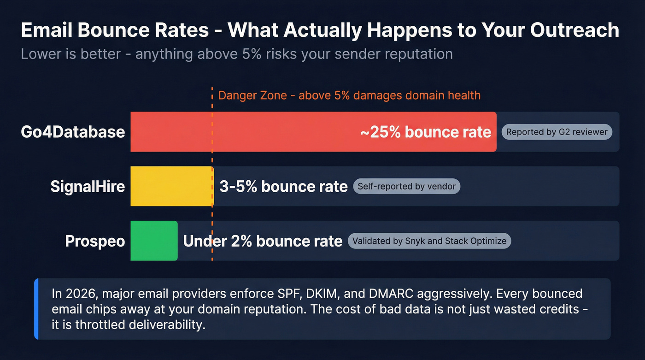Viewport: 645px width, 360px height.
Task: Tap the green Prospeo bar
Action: pos(154,241)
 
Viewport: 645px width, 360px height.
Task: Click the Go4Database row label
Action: pos(73,132)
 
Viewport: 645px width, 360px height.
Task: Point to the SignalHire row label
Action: pos(88,187)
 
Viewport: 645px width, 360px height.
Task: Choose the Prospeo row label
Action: pos(95,241)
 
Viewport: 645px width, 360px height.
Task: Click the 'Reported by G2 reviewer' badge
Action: pos(557,132)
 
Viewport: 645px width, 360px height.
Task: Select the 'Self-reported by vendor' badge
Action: pos(406,187)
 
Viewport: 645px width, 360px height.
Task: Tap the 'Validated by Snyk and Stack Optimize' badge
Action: pos(429,241)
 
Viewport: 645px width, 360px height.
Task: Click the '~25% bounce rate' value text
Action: pos(425,132)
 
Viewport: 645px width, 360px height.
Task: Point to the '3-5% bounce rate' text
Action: pos(283,187)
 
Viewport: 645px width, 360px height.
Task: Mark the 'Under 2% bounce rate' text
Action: pos(263,241)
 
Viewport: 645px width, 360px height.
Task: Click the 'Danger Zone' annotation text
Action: pos(349,95)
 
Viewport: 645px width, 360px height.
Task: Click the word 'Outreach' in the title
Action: pos(575,30)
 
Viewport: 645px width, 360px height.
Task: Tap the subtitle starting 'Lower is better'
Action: pos(236,54)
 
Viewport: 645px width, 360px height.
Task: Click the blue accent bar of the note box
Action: pos(36,309)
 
